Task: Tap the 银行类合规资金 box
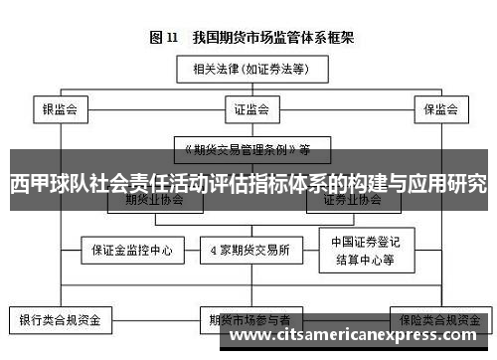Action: point(61,321)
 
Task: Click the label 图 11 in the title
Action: point(164,39)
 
